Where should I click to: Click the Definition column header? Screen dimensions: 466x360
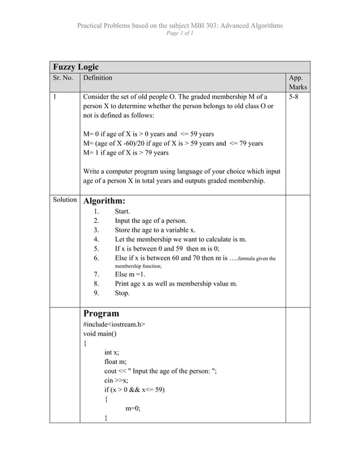pyautogui.click(x=98, y=78)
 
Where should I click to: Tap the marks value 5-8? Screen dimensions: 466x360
pyautogui.click(x=293, y=98)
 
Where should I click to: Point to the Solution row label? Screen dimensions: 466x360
pyautogui.click(x=64, y=200)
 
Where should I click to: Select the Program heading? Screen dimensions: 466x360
pyautogui.click(x=101, y=313)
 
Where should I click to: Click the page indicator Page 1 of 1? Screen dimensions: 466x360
pyautogui.click(x=179, y=34)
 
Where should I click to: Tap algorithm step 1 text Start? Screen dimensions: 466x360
pyautogui.click(x=122, y=212)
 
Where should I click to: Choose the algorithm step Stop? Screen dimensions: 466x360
pyautogui.click(x=122, y=293)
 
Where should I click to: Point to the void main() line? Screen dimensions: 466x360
pyautogui.click(x=100, y=333)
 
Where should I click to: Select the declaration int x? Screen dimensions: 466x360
pyautogui.click(x=112, y=352)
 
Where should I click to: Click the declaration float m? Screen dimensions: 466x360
pyautogui.click(x=116, y=362)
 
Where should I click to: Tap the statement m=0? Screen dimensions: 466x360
pyautogui.click(x=133, y=409)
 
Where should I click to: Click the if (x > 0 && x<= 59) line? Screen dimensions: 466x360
pyautogui.click(x=135, y=390)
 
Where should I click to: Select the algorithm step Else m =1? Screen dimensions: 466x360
pyautogui.click(x=130, y=274)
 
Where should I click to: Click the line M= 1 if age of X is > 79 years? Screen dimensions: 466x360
pyautogui.click(x=126, y=152)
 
